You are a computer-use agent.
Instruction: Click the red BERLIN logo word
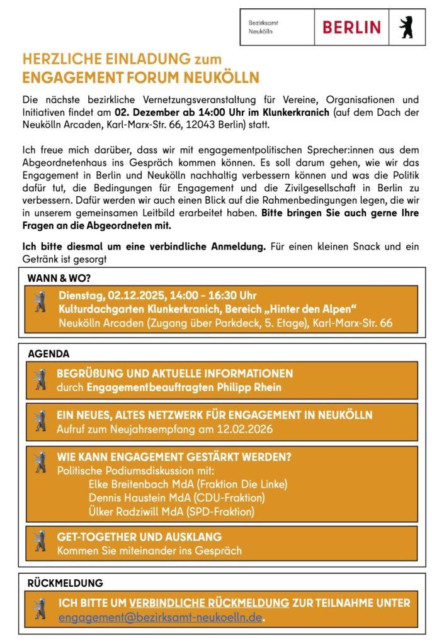(x=351, y=27)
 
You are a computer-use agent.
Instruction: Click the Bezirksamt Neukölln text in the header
(x=263, y=26)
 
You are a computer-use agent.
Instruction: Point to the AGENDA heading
(x=48, y=353)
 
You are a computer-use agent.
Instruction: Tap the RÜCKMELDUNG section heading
(x=65, y=583)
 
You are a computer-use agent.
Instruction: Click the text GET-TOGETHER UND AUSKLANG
(x=139, y=537)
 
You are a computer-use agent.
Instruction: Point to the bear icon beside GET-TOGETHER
(x=40, y=542)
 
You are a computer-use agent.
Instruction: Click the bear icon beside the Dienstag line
(x=40, y=302)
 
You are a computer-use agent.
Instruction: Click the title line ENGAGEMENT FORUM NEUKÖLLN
(x=140, y=78)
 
